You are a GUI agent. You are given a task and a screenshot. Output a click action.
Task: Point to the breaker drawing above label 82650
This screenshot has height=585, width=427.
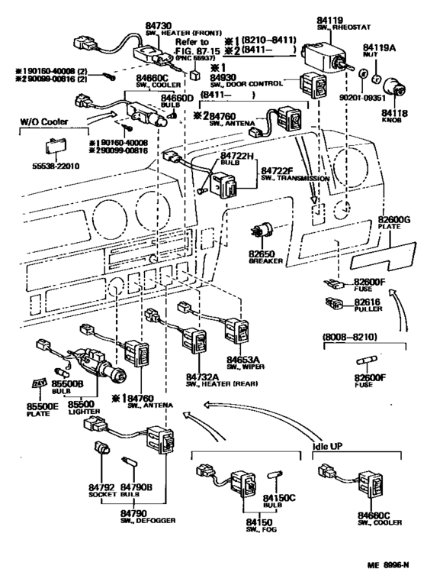point(264,232)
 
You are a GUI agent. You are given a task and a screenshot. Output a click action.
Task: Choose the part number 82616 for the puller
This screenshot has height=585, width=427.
point(368,302)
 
